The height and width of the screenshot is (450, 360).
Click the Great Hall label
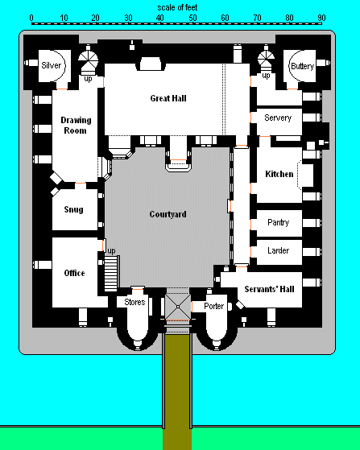(168, 98)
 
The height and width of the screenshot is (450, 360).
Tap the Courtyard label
(168, 214)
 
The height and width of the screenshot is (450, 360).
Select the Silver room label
(52, 65)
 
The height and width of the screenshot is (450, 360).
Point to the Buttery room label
(302, 66)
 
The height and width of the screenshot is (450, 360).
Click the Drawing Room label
(76, 126)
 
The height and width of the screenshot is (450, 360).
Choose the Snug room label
(74, 209)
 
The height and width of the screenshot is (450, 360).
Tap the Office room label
(74, 273)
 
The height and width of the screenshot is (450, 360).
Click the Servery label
(278, 118)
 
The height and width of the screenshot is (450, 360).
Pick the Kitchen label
(279, 174)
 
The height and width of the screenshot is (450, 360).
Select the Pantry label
(278, 222)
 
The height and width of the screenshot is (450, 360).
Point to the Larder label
(278, 250)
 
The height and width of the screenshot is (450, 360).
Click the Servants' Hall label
(269, 289)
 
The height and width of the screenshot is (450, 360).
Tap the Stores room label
(134, 302)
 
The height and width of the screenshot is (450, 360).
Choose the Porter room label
(214, 306)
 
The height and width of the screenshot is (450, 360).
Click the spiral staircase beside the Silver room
(88, 60)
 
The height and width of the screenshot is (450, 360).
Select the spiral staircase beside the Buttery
(266, 59)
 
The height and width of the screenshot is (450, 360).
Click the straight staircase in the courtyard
(111, 274)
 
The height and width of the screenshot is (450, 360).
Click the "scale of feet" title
(177, 7)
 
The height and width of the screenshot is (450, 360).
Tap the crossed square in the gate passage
(178, 307)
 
